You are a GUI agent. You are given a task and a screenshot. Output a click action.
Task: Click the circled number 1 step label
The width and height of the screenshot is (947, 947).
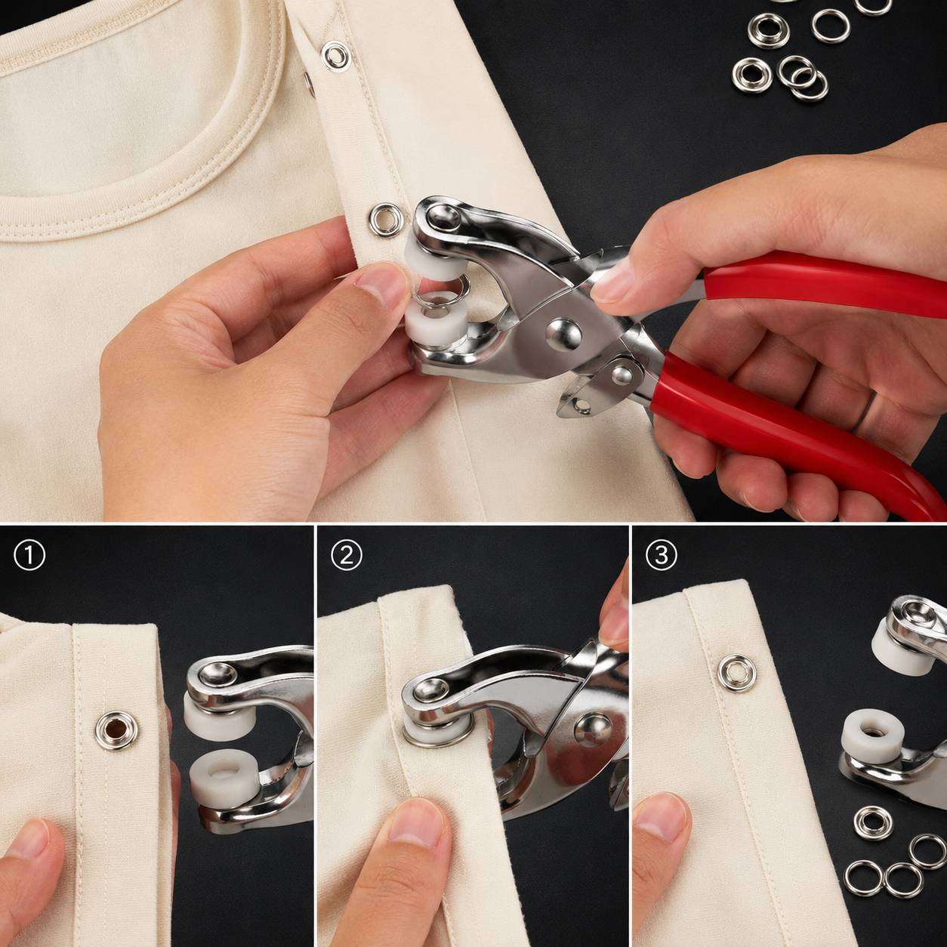(29, 555)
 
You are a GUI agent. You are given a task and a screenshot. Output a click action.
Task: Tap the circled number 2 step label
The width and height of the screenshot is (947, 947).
(347, 555)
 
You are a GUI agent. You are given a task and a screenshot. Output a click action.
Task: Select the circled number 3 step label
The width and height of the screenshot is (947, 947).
(662, 555)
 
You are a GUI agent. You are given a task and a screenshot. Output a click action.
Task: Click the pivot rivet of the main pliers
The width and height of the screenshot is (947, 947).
(563, 335)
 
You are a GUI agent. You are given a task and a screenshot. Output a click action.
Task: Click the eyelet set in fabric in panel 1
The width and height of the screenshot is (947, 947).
(117, 731)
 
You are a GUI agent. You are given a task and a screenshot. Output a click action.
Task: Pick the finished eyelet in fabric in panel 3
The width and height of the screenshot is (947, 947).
(736, 673)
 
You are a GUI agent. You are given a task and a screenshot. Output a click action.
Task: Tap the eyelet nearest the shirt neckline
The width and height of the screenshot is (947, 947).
(335, 57)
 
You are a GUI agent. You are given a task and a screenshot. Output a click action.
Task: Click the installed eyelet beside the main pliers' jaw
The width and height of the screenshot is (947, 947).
(386, 220)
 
